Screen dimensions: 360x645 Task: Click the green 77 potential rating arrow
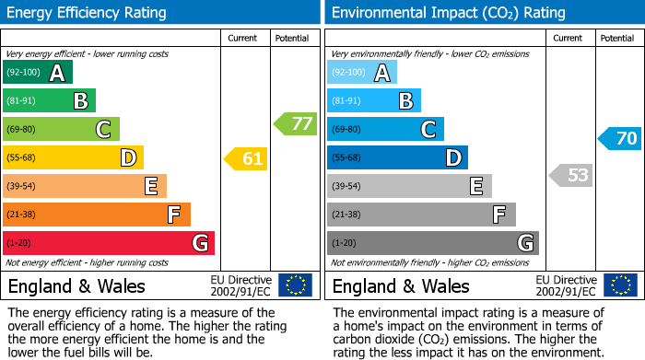pyautogui.click(x=296, y=123)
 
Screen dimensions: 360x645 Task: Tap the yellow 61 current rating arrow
pyautogui.click(x=247, y=159)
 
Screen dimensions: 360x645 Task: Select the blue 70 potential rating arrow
pyautogui.click(x=620, y=139)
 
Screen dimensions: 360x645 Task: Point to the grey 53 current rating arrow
pyautogui.click(x=571, y=175)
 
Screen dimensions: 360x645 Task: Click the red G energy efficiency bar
pyautogui.click(x=108, y=243)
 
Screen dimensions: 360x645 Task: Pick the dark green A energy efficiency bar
pyautogui.click(x=38, y=73)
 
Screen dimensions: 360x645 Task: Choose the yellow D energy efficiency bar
pyautogui.click(x=73, y=158)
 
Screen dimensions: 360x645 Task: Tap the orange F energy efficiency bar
pyautogui.click(x=97, y=215)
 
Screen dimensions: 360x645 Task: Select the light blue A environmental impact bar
pyautogui.click(x=362, y=73)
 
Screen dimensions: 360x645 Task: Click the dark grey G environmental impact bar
pyautogui.click(x=432, y=243)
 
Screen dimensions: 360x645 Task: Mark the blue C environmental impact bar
pyautogui.click(x=385, y=129)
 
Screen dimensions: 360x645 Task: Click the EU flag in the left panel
pyautogui.click(x=296, y=285)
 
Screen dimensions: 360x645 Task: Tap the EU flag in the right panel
pyautogui.click(x=620, y=285)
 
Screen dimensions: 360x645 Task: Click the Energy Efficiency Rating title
pyautogui.click(x=88, y=13)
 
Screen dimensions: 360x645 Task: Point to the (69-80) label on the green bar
pyautogui.click(x=21, y=129)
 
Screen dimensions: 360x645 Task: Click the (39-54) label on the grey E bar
pyautogui.click(x=346, y=187)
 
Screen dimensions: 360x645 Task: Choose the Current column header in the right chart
pyautogui.click(x=569, y=38)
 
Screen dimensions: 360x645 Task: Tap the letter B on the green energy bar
pyautogui.click(x=81, y=101)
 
